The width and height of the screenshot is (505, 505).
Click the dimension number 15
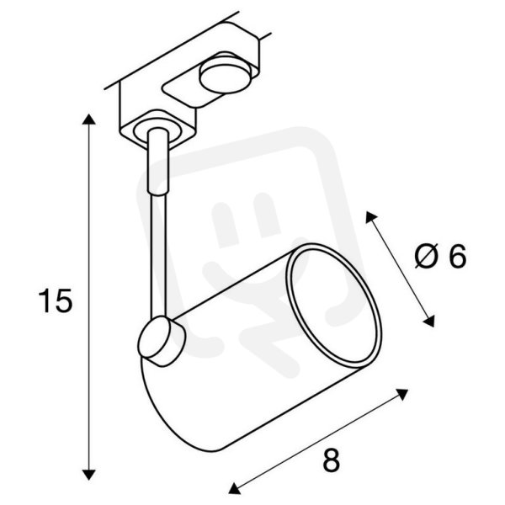pos(56,300)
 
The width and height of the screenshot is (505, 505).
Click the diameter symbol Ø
pos(426,256)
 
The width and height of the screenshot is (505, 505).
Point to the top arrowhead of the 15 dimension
pos(89,120)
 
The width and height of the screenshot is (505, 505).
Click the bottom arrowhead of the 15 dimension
pos(89,475)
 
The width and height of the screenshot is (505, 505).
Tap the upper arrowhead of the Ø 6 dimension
pos(370,217)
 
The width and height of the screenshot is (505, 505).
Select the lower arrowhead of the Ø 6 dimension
pos(429,322)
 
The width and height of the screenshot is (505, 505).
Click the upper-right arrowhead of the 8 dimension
pos(402,394)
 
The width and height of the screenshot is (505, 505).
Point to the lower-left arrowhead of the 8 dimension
pos(234,488)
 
